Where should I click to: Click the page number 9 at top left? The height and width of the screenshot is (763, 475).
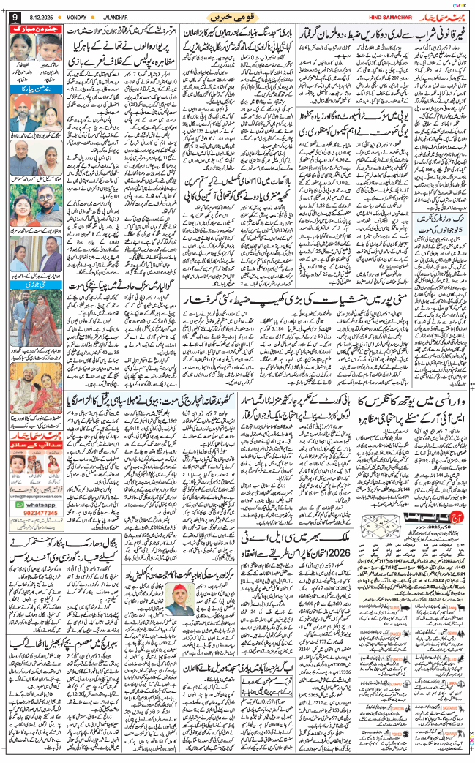[x=14, y=19]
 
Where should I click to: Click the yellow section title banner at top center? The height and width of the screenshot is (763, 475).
[x=229, y=18]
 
